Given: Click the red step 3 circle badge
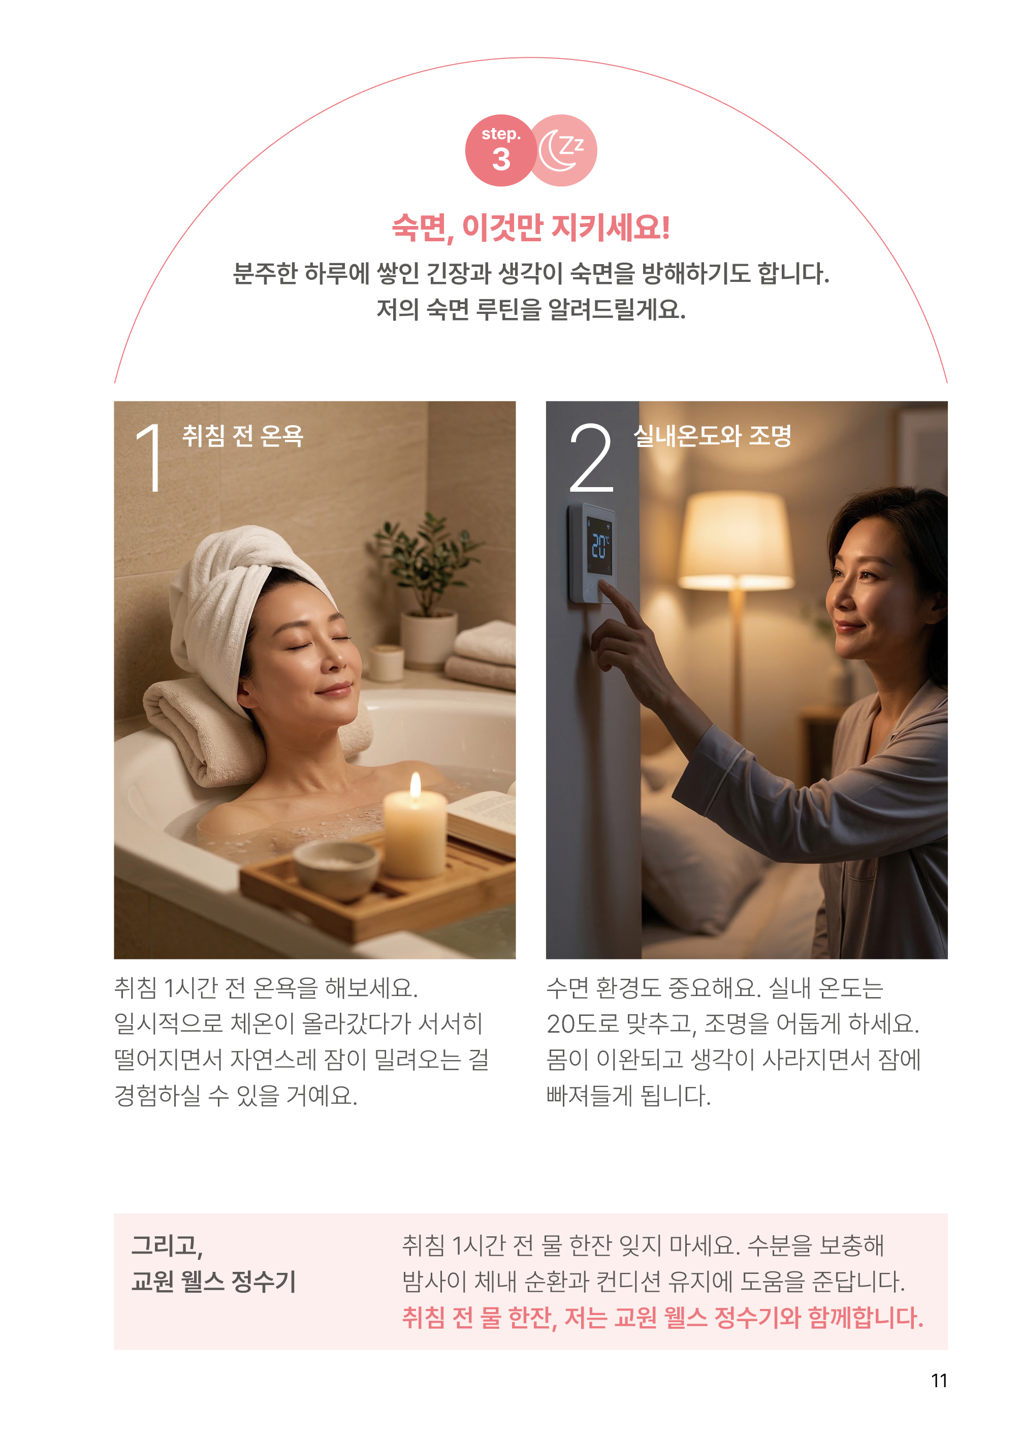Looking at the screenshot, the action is (x=500, y=151).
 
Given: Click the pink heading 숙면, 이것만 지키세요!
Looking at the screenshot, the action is (x=531, y=228).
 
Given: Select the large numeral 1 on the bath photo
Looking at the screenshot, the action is (x=150, y=457).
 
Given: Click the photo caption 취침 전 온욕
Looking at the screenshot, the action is (x=242, y=436).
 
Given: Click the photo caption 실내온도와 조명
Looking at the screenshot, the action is (x=712, y=436).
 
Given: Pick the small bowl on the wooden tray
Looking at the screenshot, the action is (x=337, y=869).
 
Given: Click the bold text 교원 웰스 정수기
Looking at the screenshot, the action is (x=213, y=1282).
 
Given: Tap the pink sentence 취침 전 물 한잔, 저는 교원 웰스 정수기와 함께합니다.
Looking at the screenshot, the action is (x=662, y=1318).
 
